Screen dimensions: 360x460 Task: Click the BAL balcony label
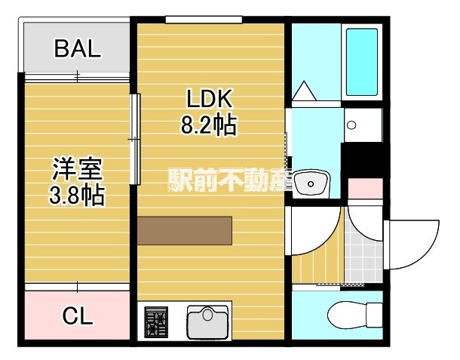pos(76,49)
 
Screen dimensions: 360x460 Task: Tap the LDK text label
pos(208,99)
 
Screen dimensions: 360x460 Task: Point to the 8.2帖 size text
pos(208,125)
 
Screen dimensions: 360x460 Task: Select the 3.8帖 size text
pos(76,195)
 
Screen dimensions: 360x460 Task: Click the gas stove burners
pos(157,322)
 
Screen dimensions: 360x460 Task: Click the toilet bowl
pos(355,314)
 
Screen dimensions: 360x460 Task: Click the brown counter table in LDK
pos(185,230)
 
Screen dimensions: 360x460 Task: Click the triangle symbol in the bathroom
pos(306,91)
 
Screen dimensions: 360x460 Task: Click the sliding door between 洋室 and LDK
pos(135,139)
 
